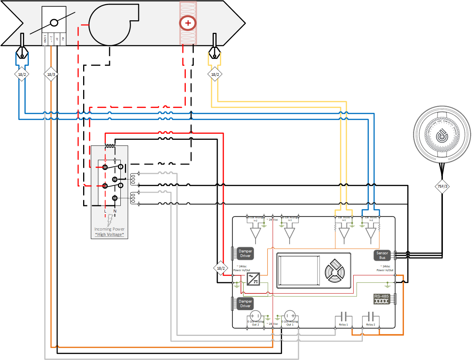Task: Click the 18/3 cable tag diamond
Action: [x=51, y=75]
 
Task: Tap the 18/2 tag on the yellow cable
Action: [x=215, y=75]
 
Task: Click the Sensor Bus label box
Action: [x=382, y=255]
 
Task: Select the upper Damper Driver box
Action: [x=245, y=254]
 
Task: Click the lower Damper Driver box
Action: [x=245, y=304]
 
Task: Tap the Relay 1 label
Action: [x=343, y=324]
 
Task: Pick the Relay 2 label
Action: [x=370, y=324]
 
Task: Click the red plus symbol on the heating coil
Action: [x=188, y=23]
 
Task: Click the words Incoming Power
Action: [x=110, y=229]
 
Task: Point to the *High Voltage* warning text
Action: [x=110, y=234]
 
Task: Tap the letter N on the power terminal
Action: [x=115, y=211]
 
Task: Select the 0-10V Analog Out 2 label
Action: [x=255, y=323]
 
